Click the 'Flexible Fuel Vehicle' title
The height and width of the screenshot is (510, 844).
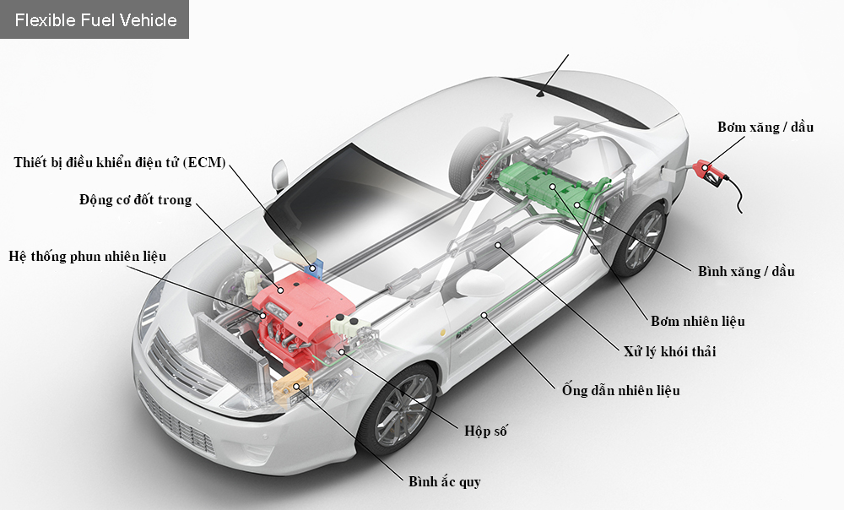[x=95, y=19]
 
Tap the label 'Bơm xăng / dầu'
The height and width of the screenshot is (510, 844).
[x=765, y=127]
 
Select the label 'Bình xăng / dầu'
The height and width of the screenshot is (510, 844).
[x=746, y=271]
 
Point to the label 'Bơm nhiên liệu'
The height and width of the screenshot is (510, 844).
[x=698, y=321]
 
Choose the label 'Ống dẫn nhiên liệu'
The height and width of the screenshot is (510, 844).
[x=620, y=390]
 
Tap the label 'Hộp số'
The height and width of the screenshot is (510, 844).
[x=485, y=431]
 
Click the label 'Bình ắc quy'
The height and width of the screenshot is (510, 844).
[x=444, y=481]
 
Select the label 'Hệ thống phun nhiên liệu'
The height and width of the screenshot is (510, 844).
[x=88, y=256]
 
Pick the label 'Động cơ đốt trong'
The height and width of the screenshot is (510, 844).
[x=136, y=200]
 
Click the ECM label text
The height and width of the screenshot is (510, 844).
[x=120, y=162]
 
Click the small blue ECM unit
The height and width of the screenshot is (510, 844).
[x=317, y=269]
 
